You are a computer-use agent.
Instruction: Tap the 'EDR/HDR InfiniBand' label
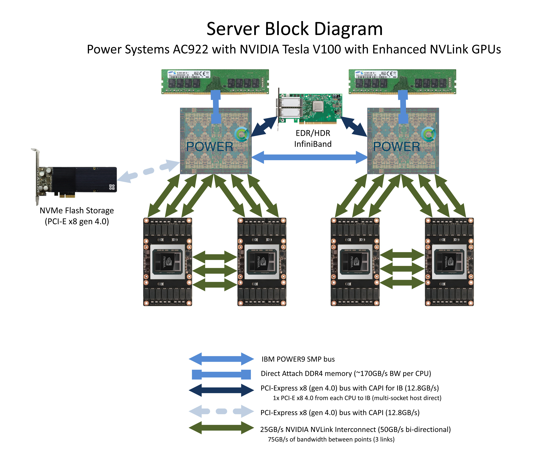tap(313, 138)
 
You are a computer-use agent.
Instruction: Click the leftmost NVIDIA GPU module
tap(167, 262)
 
